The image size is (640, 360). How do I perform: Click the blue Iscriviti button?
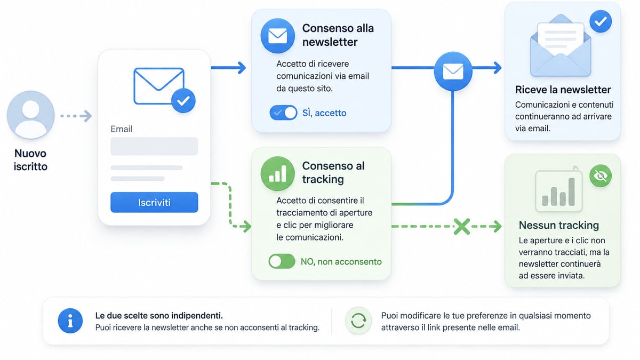click(x=154, y=202)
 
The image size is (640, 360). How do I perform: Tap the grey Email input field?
click(x=154, y=146)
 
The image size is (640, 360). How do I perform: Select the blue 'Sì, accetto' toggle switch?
click(x=283, y=113)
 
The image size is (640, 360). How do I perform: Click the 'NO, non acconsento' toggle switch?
click(x=282, y=261)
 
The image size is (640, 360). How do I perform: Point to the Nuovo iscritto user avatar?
click(x=31, y=115)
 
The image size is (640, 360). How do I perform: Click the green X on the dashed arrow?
click(x=462, y=227)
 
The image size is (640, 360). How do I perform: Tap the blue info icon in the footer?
click(x=70, y=321)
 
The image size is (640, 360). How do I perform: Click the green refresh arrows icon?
click(x=358, y=321)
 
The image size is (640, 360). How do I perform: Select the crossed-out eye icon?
click(x=601, y=175)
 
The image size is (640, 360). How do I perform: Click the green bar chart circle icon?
click(x=278, y=174)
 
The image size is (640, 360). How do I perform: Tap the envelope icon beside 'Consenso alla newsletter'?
click(x=278, y=36)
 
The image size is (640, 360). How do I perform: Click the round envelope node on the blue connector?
click(x=453, y=71)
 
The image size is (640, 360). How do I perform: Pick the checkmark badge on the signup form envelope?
click(x=183, y=101)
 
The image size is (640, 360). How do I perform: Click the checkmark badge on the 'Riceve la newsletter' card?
click(x=601, y=21)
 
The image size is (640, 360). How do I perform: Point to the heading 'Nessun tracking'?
click(x=559, y=225)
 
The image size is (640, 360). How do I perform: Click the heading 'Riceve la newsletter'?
click(x=563, y=90)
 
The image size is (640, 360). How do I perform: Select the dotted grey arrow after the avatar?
click(x=76, y=116)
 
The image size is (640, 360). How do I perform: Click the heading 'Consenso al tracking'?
click(x=333, y=173)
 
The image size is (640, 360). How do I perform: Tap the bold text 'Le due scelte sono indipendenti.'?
click(x=159, y=315)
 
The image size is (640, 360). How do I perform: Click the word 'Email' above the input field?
click(x=122, y=129)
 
